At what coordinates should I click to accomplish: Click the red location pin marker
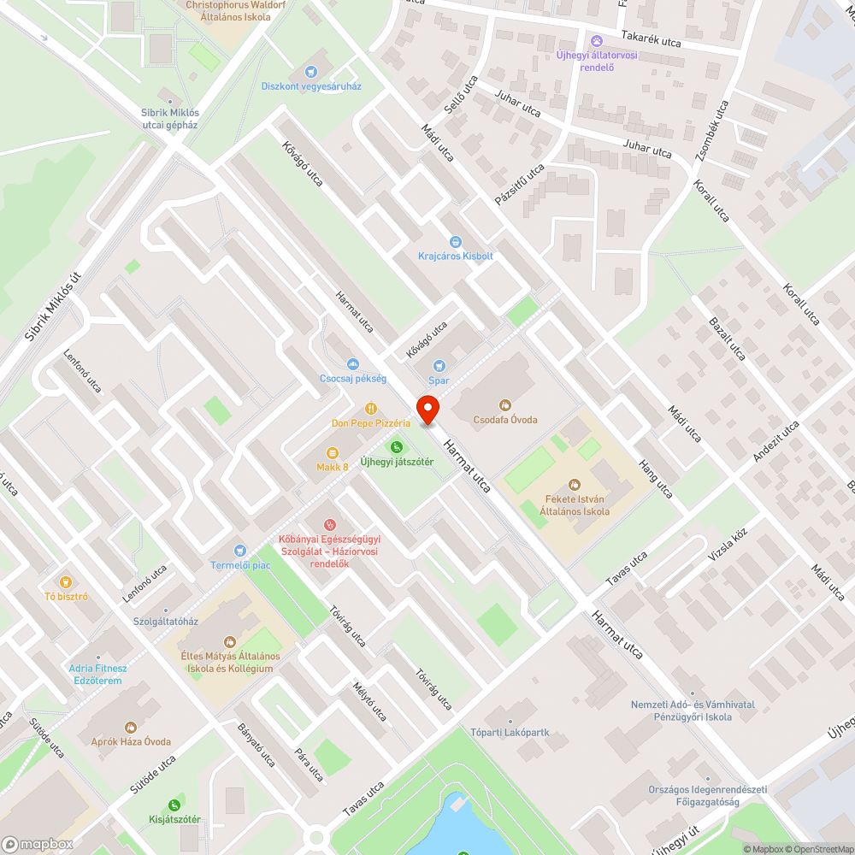pyautogui.click(x=427, y=409)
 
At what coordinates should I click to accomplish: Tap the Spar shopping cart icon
pyautogui.click(x=440, y=366)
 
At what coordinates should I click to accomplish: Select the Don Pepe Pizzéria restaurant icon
pyautogui.click(x=371, y=409)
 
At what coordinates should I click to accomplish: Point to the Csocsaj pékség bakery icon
pyautogui.click(x=352, y=364)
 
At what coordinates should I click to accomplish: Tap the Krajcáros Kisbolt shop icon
pyautogui.click(x=455, y=242)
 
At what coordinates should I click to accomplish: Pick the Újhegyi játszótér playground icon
pyautogui.click(x=396, y=447)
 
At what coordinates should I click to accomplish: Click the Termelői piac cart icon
pyautogui.click(x=240, y=551)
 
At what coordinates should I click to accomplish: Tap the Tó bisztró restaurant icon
pyautogui.click(x=67, y=581)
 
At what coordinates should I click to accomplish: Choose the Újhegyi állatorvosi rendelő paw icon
pyautogui.click(x=596, y=41)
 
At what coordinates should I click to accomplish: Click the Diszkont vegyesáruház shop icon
pyautogui.click(x=311, y=72)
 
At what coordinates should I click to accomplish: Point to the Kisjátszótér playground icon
pyautogui.click(x=174, y=805)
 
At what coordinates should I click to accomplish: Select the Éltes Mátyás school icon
pyautogui.click(x=229, y=641)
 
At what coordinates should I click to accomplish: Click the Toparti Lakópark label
pyautogui.click(x=510, y=733)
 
